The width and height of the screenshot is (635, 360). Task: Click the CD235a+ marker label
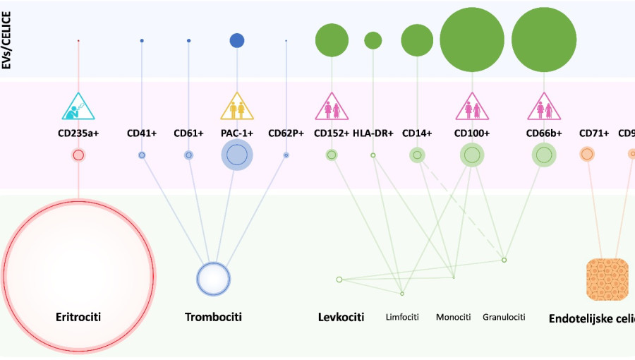click(78, 132)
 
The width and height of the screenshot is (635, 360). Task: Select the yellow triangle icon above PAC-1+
click(237, 107)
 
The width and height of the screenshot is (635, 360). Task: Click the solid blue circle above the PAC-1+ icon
click(237, 40)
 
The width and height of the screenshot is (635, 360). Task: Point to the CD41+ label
click(141, 132)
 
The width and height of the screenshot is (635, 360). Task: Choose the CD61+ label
click(188, 132)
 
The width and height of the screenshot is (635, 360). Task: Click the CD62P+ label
click(286, 132)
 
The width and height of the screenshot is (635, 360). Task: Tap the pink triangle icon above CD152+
click(331, 107)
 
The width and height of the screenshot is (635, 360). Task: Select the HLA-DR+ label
click(373, 132)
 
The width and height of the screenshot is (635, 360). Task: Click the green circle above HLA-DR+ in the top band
click(373, 40)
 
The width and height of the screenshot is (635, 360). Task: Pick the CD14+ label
click(417, 132)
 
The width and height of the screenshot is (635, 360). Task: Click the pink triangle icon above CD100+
click(472, 107)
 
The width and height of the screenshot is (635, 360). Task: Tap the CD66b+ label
click(543, 132)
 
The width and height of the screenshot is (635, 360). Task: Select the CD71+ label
click(594, 132)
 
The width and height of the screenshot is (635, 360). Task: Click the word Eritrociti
click(78, 317)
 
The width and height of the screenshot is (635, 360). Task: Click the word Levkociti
click(341, 317)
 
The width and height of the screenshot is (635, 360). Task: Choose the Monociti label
click(453, 317)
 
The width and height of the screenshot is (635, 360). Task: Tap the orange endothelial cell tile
click(607, 279)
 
